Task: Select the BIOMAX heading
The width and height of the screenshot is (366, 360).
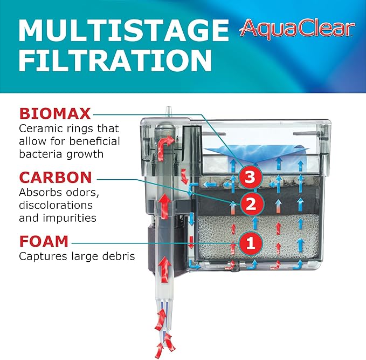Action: click(x=54, y=114)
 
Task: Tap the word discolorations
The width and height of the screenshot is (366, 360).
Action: click(x=56, y=205)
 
